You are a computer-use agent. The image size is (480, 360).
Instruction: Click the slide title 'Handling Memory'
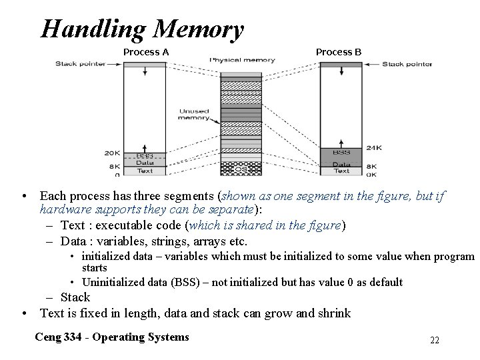142,29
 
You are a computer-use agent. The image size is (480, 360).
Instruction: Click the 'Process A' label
146,52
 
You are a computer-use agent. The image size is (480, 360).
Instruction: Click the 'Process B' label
338,52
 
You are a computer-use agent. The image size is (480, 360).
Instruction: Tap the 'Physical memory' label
242,60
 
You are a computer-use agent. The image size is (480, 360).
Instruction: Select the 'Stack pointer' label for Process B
407,65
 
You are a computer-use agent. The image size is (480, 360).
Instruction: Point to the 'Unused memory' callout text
193,115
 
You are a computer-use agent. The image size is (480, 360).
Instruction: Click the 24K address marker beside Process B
374,147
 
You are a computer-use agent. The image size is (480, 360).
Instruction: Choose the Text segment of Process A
145,171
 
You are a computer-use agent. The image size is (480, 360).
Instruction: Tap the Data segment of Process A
145,163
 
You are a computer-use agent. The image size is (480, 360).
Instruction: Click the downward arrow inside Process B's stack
341,70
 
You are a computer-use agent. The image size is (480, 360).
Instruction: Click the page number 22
435,341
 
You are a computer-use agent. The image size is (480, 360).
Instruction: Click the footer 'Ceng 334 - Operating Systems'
112,337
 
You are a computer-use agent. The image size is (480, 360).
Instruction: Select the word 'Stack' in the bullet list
75,297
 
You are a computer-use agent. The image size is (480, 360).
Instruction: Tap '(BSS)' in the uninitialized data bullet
185,282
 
